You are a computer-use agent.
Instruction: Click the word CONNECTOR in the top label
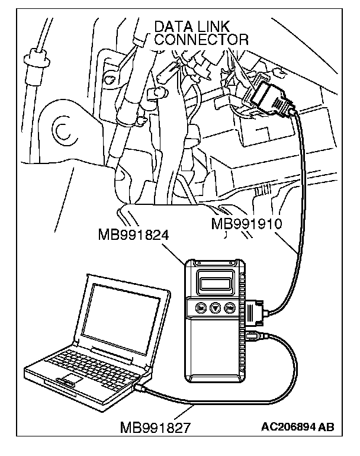201,39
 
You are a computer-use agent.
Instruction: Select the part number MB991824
134,235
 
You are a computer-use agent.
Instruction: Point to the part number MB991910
246,224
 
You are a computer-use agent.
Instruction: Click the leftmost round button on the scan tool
201,308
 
